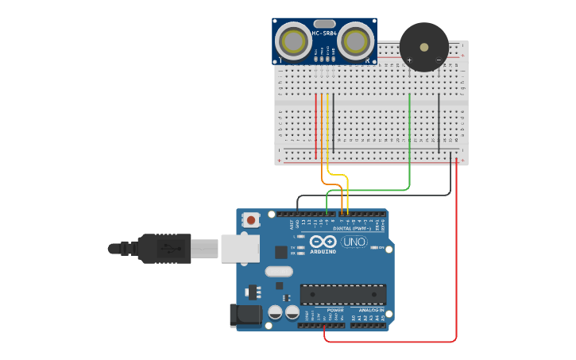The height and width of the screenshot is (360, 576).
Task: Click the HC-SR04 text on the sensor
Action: pyautogui.click(x=325, y=33)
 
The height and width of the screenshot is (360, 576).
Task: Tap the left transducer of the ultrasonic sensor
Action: pyautogui.click(x=295, y=41)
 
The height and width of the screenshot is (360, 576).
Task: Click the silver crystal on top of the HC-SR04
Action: pyautogui.click(x=324, y=23)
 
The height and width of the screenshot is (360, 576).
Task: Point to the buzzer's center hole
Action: pyautogui.click(x=424, y=46)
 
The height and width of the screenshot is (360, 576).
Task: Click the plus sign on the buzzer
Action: pyautogui.click(x=410, y=60)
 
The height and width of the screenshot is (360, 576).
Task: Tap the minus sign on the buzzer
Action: pyautogui.click(x=438, y=60)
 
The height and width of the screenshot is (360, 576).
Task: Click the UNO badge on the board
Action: pyautogui.click(x=354, y=242)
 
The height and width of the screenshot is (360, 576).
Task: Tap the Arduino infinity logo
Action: pyautogui.click(x=323, y=242)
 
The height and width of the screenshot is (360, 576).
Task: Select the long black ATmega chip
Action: pyautogui.click(x=342, y=294)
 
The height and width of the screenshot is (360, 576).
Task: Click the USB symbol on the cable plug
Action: pyautogui.click(x=166, y=248)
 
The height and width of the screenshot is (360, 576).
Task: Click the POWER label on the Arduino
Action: pyautogui.click(x=324, y=310)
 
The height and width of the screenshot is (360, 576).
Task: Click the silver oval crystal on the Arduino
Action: pyautogui.click(x=279, y=271)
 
